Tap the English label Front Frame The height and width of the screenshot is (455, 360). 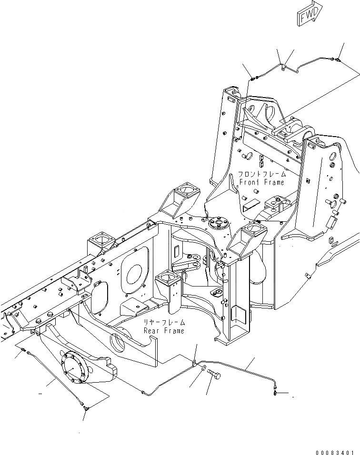[x=261, y=182]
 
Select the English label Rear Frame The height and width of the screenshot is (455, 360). [x=164, y=330]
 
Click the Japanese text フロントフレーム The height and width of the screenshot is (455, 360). [x=261, y=175]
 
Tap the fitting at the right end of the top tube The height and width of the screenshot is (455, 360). [x=337, y=59]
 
